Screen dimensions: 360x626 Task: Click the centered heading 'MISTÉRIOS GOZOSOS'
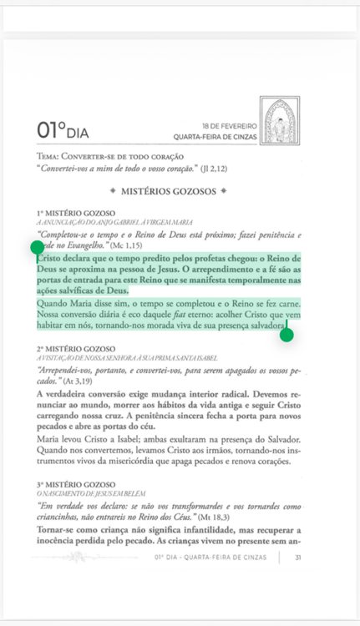(169, 192)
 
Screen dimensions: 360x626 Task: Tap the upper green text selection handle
(37, 247)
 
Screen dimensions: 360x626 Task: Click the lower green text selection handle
(286, 336)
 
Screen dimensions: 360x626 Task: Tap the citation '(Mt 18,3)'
(208, 518)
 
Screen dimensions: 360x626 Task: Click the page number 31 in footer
(297, 558)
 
